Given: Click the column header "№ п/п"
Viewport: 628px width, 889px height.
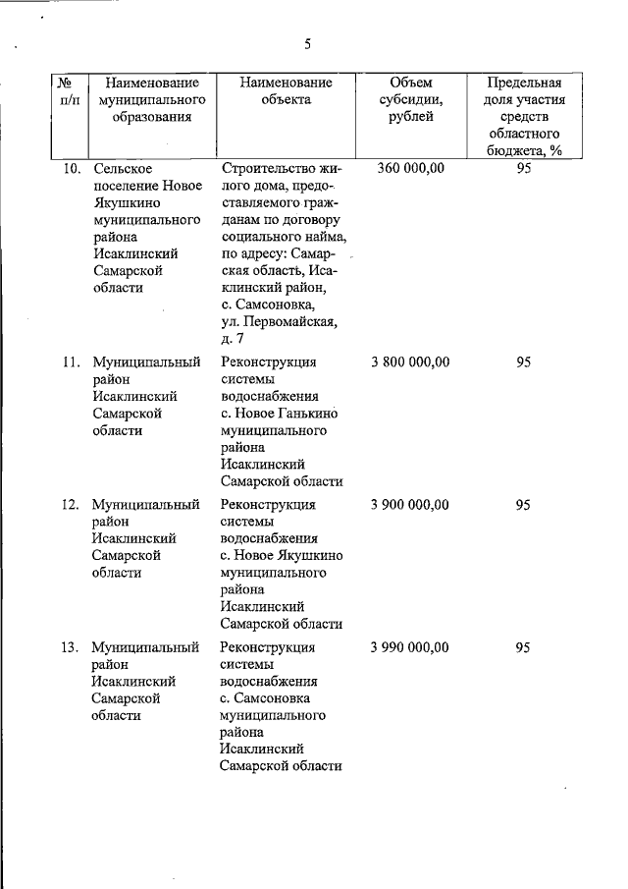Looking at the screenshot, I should tap(70, 92).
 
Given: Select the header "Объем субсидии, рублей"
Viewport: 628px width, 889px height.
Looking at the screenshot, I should tap(410, 100).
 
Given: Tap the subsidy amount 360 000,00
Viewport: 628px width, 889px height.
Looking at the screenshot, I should tap(410, 168).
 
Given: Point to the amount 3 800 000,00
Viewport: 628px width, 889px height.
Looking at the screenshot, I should tap(410, 362).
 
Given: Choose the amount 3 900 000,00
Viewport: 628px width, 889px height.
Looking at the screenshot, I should tap(410, 505).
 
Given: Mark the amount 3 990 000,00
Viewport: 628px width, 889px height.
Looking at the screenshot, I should tap(410, 647).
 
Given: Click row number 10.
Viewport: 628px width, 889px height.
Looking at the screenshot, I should tap(71, 168).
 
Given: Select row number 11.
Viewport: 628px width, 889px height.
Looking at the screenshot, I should tap(71, 362).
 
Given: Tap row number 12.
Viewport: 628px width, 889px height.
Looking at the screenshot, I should tap(71, 505).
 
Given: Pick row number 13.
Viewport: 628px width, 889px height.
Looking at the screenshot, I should tap(71, 647).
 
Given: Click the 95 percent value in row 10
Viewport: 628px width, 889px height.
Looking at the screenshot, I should tap(523, 168).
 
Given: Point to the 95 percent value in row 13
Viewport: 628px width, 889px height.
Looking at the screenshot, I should tap(523, 647).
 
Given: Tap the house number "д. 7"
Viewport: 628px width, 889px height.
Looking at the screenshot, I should tap(233, 339).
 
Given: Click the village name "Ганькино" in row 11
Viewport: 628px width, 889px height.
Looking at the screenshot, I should tap(305, 414).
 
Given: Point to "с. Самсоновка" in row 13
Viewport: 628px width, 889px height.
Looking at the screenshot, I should tap(266, 698).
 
